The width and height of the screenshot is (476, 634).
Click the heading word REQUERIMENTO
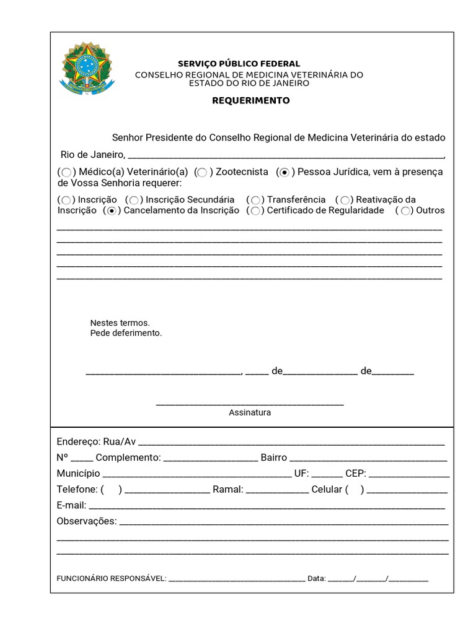click(251, 100)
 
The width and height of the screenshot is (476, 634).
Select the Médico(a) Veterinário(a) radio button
click(67, 172)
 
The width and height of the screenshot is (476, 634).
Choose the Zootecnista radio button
click(202, 172)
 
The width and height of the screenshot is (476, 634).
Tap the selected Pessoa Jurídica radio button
click(284, 172)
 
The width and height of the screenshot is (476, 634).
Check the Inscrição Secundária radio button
click(134, 200)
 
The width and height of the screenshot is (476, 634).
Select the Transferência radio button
click(256, 200)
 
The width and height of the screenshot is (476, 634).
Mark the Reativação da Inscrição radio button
click(346, 200)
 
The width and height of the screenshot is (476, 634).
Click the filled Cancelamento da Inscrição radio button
click(112, 211)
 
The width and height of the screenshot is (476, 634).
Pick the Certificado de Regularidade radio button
click(256, 211)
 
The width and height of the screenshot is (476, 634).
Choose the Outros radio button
click(405, 211)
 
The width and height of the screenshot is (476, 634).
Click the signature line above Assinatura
click(250, 404)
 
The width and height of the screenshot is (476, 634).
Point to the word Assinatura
click(250, 412)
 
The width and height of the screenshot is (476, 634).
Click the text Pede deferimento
click(126, 333)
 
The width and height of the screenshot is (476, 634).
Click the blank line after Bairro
click(368, 459)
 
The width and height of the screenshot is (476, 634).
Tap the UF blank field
click(327, 475)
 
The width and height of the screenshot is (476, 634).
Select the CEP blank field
click(409, 475)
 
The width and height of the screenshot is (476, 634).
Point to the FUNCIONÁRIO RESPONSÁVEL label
click(111, 579)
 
